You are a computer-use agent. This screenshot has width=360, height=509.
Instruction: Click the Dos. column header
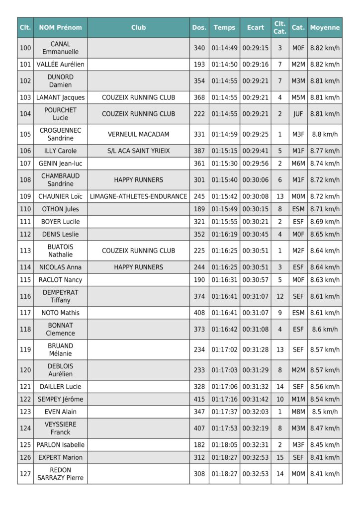pyautogui.click(x=199, y=28)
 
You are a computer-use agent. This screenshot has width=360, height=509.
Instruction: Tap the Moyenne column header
pyautogui.click(x=325, y=28)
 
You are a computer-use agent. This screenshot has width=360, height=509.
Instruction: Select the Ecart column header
pyautogui.click(x=255, y=28)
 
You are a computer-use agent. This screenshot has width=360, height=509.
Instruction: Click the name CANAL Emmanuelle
pyautogui.click(x=60, y=48)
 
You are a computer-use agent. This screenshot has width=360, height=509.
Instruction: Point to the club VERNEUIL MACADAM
pyautogui.click(x=138, y=134)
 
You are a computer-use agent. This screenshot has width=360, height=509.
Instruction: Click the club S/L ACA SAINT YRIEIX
pyautogui.click(x=138, y=151)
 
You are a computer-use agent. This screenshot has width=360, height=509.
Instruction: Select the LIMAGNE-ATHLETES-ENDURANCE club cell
pyautogui.click(x=138, y=196)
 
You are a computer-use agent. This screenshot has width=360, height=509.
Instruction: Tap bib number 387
pyautogui.click(x=199, y=151)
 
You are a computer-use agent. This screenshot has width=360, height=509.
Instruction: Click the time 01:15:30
pyautogui.click(x=224, y=163)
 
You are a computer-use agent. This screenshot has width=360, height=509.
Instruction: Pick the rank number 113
pyautogui.click(x=25, y=251)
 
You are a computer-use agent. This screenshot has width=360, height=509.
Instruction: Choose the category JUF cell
pyautogui.click(x=298, y=114)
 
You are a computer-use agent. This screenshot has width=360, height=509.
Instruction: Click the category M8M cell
pyautogui.click(x=298, y=412)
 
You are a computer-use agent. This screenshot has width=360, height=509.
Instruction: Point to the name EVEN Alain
pyautogui.click(x=60, y=412)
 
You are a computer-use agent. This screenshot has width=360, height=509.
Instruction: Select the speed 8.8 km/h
pyautogui.click(x=325, y=134)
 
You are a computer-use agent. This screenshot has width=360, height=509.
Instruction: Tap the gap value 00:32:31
pyautogui.click(x=255, y=445)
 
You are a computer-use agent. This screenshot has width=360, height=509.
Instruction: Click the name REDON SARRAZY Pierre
pyautogui.click(x=60, y=474)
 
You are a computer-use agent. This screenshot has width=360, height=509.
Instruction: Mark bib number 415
pyautogui.click(x=199, y=399)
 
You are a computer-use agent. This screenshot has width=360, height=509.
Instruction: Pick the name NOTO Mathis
pyautogui.click(x=60, y=313)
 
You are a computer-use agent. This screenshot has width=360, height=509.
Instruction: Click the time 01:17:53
pyautogui.click(x=224, y=428)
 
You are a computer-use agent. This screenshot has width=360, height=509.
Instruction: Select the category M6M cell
pyautogui.click(x=298, y=163)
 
